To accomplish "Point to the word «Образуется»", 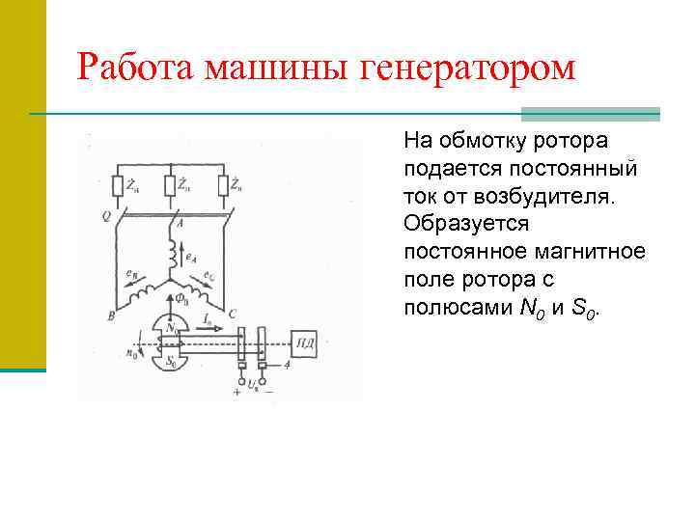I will (x=466, y=224).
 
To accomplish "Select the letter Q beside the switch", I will (x=105, y=214).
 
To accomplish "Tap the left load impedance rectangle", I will (x=118, y=184).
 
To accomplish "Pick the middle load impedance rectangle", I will (x=171, y=184).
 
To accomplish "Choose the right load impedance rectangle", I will (x=223, y=184).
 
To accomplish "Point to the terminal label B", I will (x=112, y=315).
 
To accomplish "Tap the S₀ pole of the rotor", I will (x=173, y=362).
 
